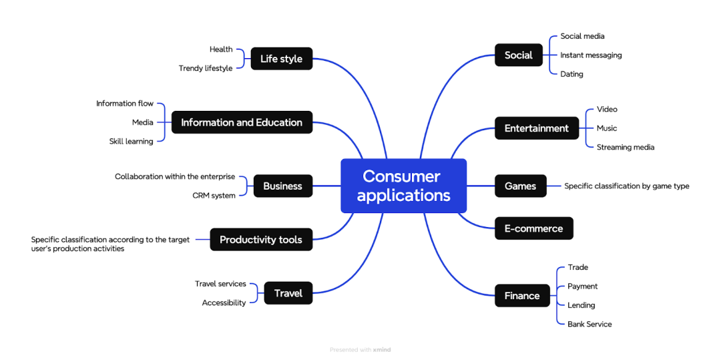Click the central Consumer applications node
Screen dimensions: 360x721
(x=403, y=186)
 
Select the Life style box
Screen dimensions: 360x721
(x=281, y=59)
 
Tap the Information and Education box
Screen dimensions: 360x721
(x=242, y=122)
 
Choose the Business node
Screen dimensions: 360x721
(x=282, y=186)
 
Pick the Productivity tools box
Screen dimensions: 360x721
(x=261, y=240)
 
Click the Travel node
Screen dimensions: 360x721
(x=288, y=293)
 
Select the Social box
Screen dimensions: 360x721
(x=518, y=55)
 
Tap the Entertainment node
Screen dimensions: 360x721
(x=536, y=128)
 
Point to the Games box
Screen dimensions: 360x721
(x=520, y=186)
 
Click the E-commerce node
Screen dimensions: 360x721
(x=533, y=228)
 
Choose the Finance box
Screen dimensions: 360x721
(x=522, y=295)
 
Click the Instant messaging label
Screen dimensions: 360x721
(x=591, y=55)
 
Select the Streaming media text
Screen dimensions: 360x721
(x=626, y=147)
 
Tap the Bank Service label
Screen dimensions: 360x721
(x=589, y=324)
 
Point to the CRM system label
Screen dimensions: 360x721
(x=214, y=196)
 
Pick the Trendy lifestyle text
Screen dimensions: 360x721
(x=206, y=68)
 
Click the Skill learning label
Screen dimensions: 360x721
(x=131, y=141)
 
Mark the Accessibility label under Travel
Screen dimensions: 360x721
(x=224, y=303)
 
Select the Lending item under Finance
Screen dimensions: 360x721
(x=581, y=305)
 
